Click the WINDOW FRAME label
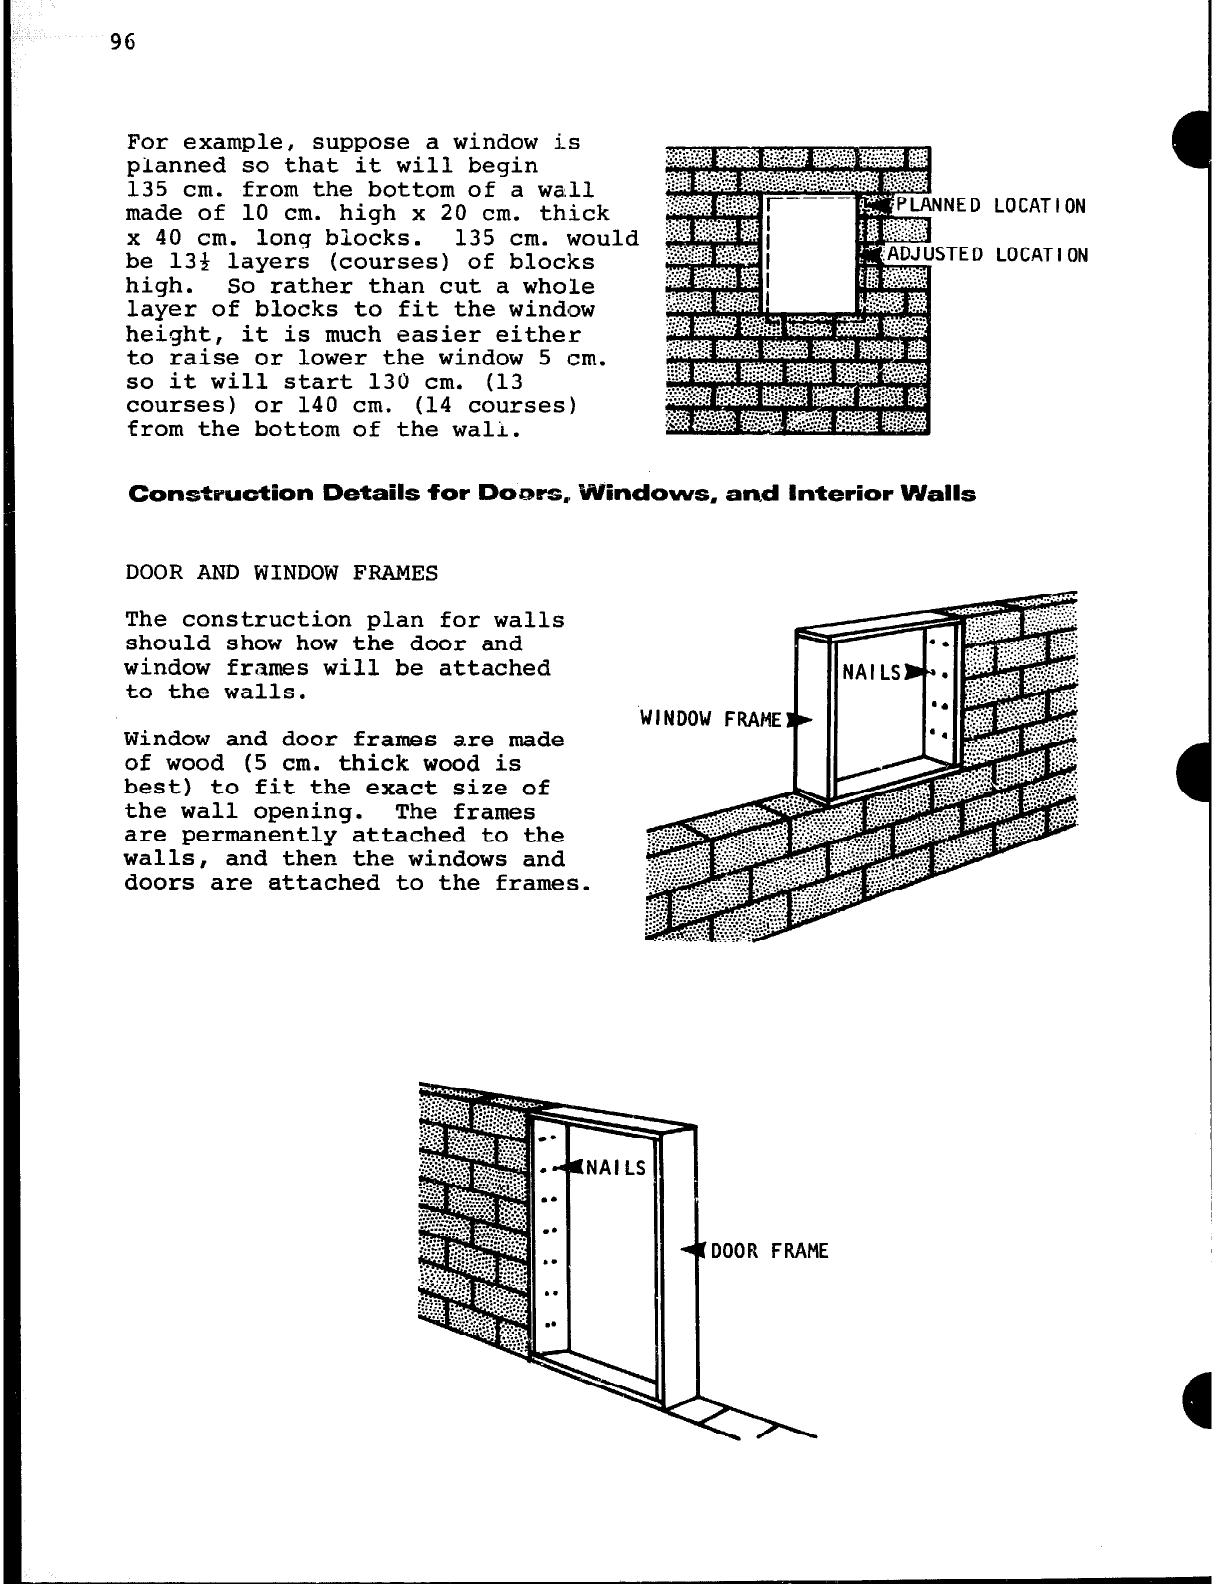click(711, 718)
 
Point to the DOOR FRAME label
click(769, 1251)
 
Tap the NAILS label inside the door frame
click(615, 1167)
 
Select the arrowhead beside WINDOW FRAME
click(799, 718)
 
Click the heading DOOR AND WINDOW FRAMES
click(281, 573)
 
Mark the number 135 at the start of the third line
click(147, 190)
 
